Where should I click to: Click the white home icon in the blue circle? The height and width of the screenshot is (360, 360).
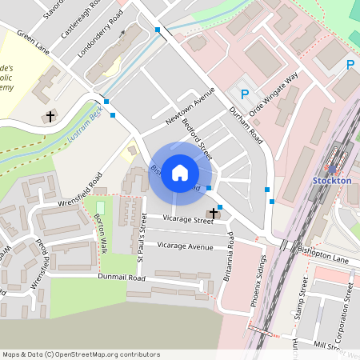180,173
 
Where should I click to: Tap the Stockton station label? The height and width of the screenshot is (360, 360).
332,180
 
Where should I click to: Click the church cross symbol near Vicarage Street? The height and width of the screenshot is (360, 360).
214,214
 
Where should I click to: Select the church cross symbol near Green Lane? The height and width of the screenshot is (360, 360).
50,117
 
